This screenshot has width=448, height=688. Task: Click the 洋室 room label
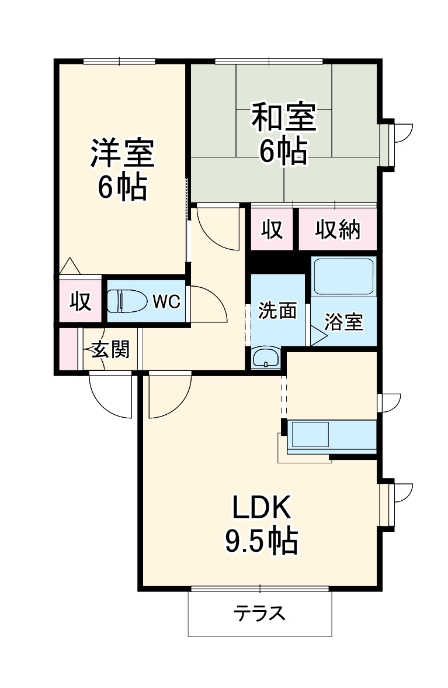(x=121, y=153)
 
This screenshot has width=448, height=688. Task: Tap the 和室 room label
(x=283, y=118)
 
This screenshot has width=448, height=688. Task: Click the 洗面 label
(x=277, y=311)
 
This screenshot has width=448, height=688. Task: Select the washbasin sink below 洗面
(x=267, y=357)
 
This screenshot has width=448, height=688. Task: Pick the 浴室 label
(x=343, y=322)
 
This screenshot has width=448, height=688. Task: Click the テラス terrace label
(x=260, y=614)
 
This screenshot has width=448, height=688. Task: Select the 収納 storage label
(x=338, y=230)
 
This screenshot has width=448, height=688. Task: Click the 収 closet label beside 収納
(x=272, y=230)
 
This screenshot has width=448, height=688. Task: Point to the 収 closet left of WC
(x=80, y=301)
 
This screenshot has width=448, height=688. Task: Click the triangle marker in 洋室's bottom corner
(x=70, y=266)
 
